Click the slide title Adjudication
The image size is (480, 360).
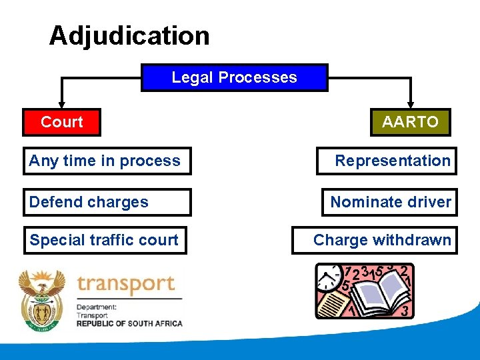pyautogui.click(x=129, y=35)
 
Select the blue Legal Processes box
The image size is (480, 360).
pyautogui.click(x=234, y=77)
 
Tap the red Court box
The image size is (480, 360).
pyautogui.click(x=61, y=122)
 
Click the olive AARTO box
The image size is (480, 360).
pyautogui.click(x=410, y=122)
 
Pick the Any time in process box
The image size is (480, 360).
pyautogui.click(x=107, y=161)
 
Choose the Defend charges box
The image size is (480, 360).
pyautogui.click(x=107, y=202)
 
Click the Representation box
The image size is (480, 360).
pyautogui.click(x=387, y=161)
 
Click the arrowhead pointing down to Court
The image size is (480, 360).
pyautogui.click(x=61, y=104)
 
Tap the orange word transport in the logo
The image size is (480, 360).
pyautogui.click(x=125, y=285)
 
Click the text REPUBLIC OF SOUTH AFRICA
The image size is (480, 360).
pyautogui.click(x=129, y=323)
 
